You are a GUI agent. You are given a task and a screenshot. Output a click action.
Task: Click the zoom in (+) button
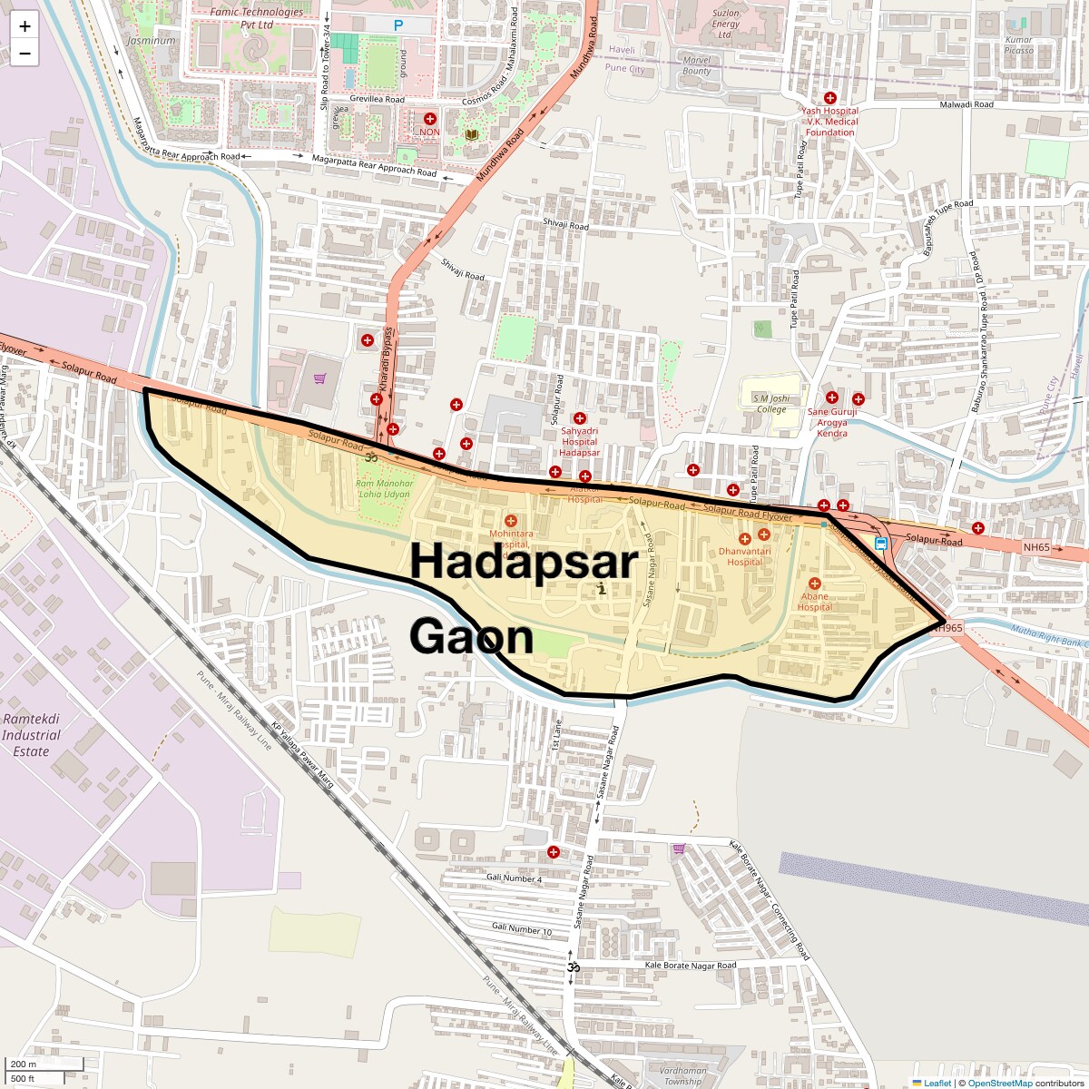(25, 26)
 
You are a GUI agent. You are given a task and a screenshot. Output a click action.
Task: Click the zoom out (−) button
(25, 54)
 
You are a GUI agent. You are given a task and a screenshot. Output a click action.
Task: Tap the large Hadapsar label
(524, 561)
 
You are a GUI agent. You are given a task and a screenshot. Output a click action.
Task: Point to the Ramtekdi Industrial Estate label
(31, 735)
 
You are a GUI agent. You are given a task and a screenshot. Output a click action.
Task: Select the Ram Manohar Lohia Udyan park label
(385, 489)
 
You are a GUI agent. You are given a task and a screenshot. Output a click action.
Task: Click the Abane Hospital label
(814, 602)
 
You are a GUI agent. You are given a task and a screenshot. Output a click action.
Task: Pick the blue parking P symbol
(397, 26)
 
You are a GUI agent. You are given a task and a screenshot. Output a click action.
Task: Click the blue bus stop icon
(881, 544)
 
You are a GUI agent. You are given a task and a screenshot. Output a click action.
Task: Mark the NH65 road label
(1035, 548)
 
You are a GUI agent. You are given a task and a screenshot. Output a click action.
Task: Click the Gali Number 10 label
(521, 930)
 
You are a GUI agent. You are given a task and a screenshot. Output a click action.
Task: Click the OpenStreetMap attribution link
(999, 1083)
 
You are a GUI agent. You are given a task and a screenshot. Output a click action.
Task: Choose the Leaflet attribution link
(937, 1083)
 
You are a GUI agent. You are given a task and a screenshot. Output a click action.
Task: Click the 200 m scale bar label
(24, 1064)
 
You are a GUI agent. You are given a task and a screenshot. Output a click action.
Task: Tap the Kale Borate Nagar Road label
(690, 966)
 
